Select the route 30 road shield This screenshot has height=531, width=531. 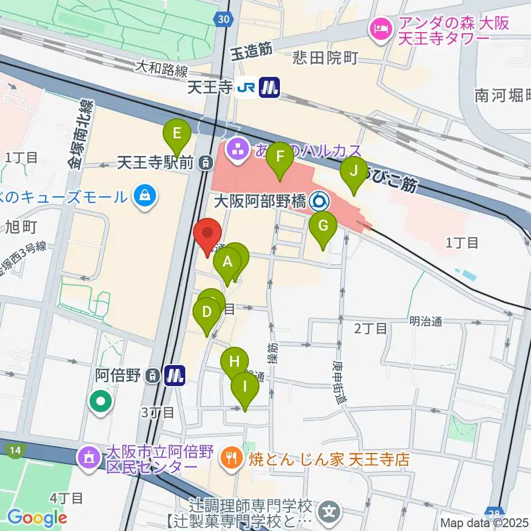(x=222, y=19)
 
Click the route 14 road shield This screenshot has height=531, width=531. (x=15, y=450)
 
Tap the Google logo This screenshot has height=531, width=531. (x=37, y=518)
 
